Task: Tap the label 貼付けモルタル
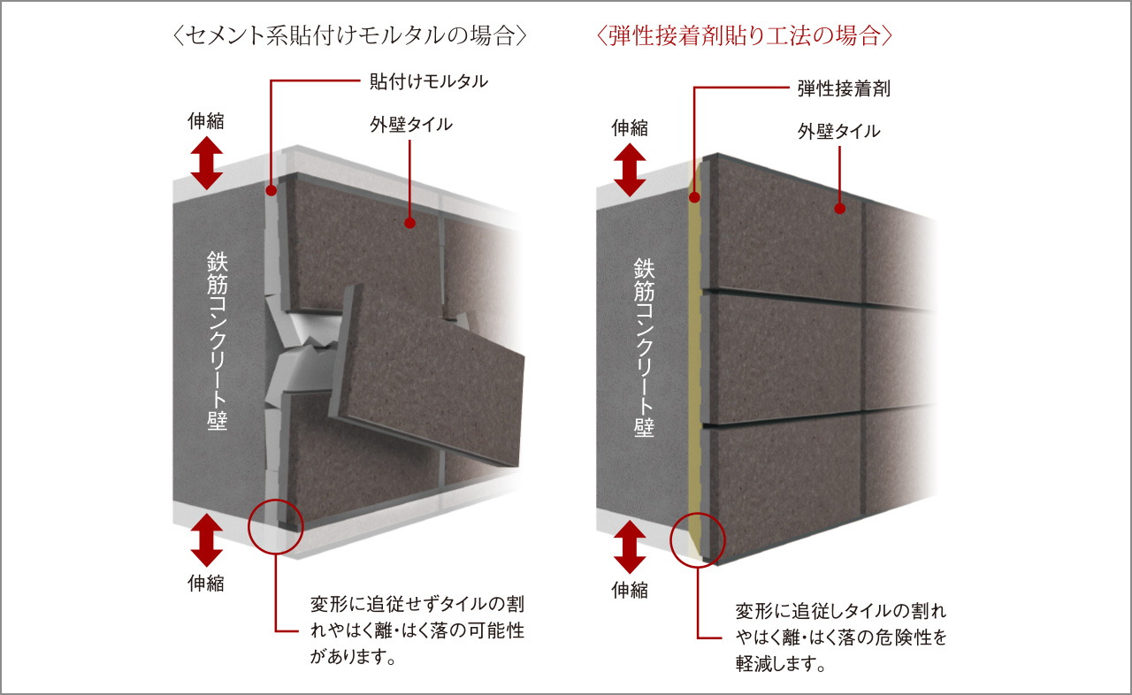coord(428,82)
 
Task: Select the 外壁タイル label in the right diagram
coord(838,132)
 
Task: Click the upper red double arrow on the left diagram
coord(206,163)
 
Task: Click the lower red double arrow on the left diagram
coord(206,540)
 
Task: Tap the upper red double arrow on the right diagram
coord(630,169)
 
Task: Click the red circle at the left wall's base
coord(276,526)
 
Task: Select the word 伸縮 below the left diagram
coord(206,583)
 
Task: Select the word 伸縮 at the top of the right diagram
coord(630,128)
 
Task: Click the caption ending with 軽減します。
coord(840,637)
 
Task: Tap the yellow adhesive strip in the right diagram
coord(695,354)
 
